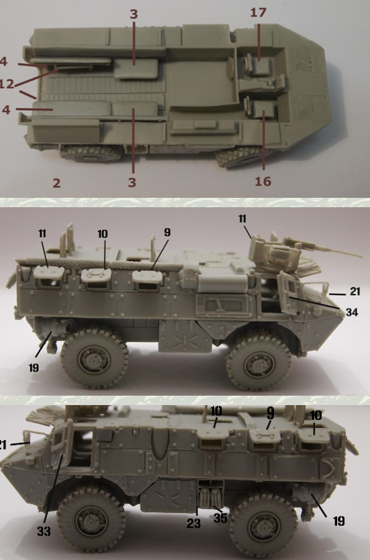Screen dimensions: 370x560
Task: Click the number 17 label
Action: coord(258,13)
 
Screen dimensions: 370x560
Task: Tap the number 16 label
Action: coord(263,182)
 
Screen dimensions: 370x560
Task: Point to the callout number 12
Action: coord(7,84)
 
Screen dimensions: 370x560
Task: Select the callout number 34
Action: coord(351,313)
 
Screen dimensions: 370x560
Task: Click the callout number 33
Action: coord(44,531)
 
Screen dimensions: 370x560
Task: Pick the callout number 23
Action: coord(193,524)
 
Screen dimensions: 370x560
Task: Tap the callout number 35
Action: coord(220,518)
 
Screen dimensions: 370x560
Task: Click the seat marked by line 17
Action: coord(261,66)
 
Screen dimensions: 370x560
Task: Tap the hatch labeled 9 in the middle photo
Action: coord(146,277)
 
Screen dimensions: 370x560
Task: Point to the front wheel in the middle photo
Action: coord(258,364)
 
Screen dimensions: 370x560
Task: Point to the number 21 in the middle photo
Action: coord(355,292)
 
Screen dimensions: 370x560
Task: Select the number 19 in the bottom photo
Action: coord(338,521)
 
